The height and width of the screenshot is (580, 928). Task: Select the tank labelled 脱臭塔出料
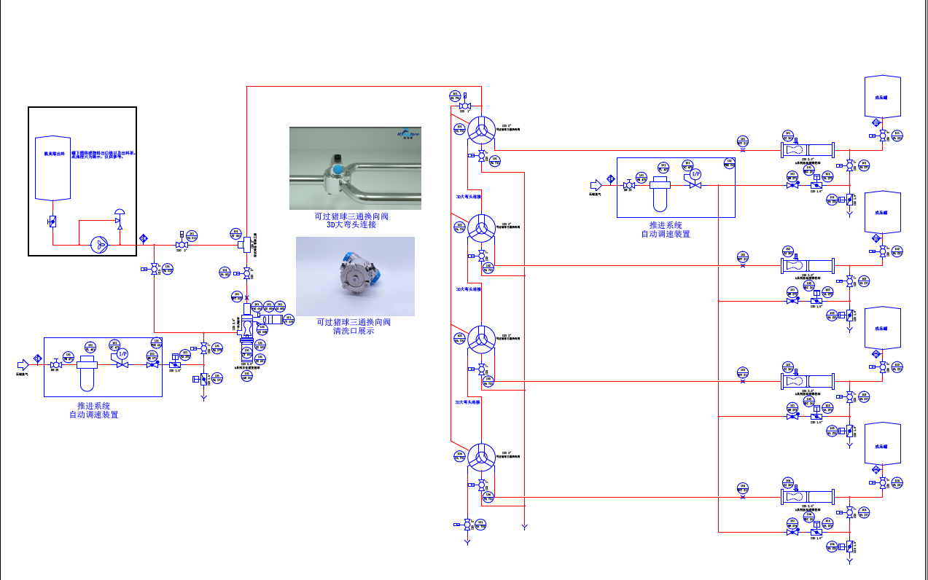pos(53,168)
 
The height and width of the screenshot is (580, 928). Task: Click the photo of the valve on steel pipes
pos(355,168)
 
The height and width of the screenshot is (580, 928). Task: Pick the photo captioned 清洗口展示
pos(355,276)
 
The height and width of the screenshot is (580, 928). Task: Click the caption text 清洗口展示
pos(353,331)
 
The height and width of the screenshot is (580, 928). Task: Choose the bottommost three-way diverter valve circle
pos(480,458)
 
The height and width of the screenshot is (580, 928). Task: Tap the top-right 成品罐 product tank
pos(882,96)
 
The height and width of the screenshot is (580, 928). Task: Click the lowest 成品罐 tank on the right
pos(882,444)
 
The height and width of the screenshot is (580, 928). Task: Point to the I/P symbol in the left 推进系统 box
pos(122,354)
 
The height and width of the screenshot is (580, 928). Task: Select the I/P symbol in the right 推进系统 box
pos(695,175)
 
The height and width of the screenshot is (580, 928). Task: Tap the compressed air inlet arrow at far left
pos(23,363)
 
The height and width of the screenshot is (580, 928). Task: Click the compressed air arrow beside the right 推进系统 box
pos(596,184)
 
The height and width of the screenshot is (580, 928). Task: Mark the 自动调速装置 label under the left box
pos(93,415)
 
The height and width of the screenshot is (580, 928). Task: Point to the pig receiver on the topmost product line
pos(807,150)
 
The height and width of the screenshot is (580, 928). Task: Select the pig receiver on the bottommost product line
pos(807,497)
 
